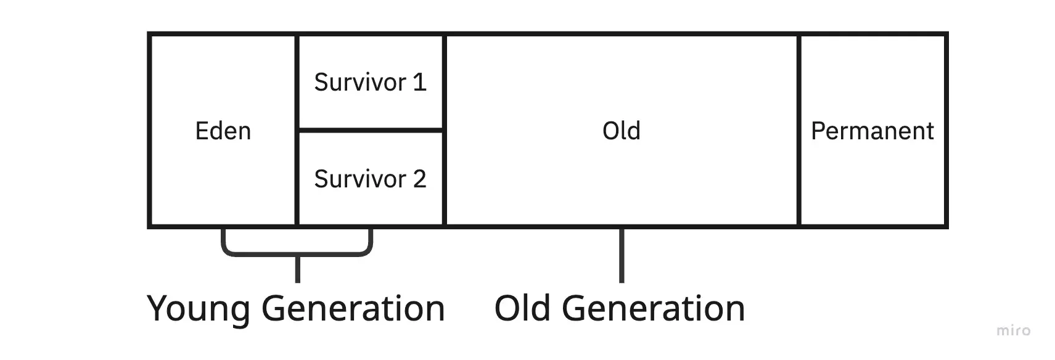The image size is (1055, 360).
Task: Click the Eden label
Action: [223, 131]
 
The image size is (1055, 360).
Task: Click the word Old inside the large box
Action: [621, 131]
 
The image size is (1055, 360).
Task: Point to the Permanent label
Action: [872, 131]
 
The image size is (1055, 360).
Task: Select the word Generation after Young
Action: [353, 308]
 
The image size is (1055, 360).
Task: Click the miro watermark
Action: [1013, 331]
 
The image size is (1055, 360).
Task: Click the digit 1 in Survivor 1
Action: [419, 83]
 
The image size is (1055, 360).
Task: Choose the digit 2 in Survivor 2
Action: [419, 179]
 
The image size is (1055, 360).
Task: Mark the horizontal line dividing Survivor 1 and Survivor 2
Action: [370, 130]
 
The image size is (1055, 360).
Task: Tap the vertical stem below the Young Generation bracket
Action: [298, 269]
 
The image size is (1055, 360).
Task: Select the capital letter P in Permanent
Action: [818, 131]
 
